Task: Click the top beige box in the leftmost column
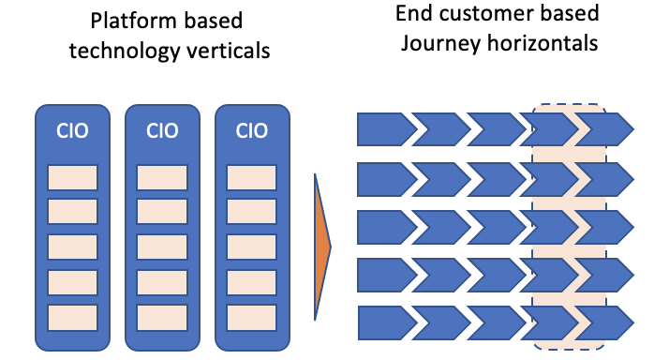(x=72, y=176)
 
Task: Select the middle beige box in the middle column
(x=161, y=247)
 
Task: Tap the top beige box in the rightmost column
(x=251, y=176)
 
